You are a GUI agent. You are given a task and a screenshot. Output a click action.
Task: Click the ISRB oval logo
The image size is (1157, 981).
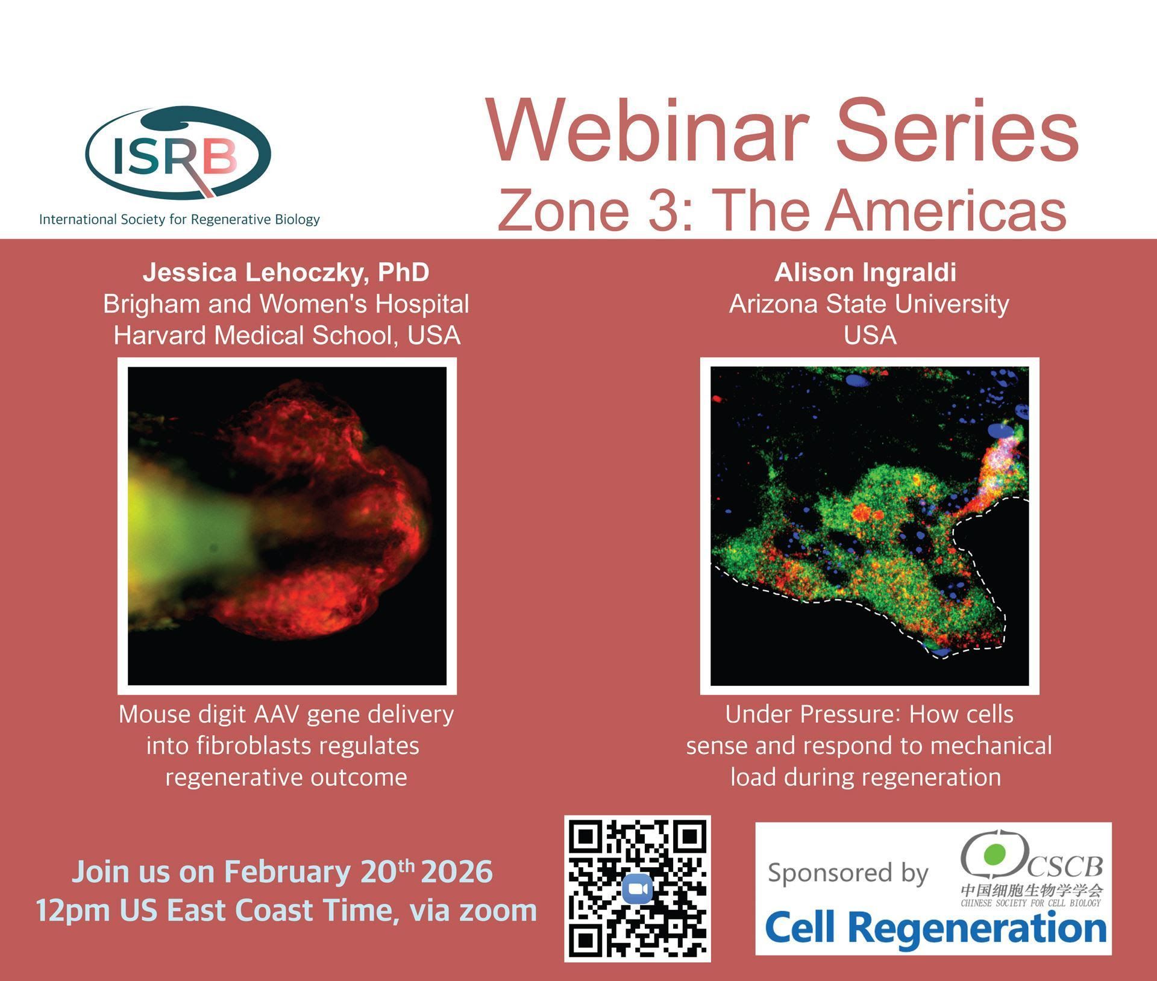(x=178, y=153)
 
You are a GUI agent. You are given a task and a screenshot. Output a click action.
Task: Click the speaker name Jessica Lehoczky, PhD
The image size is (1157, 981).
(x=286, y=272)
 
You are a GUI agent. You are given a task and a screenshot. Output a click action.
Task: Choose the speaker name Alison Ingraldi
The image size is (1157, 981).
(x=865, y=272)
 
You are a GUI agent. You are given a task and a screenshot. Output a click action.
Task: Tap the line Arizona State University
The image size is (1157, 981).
(x=869, y=304)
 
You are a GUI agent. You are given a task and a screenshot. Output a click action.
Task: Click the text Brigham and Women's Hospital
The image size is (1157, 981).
(x=286, y=304)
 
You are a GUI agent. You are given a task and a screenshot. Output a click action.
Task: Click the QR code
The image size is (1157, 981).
(x=638, y=889)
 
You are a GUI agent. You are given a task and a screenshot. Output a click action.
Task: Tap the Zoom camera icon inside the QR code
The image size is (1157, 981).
(x=638, y=889)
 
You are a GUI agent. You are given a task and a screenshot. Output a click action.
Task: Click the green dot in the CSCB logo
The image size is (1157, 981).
(x=994, y=853)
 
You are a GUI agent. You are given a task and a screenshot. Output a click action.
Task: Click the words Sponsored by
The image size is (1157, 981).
(x=848, y=873)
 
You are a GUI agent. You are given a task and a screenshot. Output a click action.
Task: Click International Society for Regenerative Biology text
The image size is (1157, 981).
(x=180, y=219)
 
